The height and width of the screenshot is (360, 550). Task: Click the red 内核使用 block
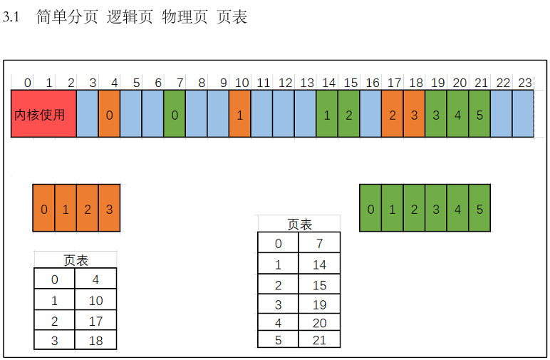click(x=43, y=114)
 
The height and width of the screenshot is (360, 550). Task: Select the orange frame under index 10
click(x=240, y=114)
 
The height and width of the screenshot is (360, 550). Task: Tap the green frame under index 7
click(x=175, y=114)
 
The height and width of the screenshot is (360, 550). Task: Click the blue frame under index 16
click(x=370, y=114)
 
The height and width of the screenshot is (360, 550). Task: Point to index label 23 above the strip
click(x=525, y=83)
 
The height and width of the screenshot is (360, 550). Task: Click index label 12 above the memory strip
click(x=285, y=83)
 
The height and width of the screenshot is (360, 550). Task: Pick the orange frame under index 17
click(x=393, y=114)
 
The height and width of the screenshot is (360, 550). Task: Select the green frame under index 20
click(x=458, y=114)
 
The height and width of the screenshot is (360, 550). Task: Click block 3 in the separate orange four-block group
click(x=109, y=209)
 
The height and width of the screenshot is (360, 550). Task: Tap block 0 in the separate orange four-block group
click(x=44, y=209)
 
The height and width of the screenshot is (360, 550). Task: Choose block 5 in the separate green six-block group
click(x=479, y=209)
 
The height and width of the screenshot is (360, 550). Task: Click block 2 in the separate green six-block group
click(x=415, y=209)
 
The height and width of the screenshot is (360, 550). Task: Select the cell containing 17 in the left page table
click(x=96, y=321)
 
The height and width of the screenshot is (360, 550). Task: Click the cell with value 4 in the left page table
click(x=96, y=279)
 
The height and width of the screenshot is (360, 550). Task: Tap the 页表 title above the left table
click(x=76, y=260)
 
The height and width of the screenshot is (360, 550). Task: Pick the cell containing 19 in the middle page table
click(x=319, y=305)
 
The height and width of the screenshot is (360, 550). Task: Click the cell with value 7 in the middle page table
click(x=319, y=244)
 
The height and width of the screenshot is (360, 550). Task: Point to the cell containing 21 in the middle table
click(x=319, y=340)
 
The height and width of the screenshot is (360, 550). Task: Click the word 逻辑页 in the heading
click(x=130, y=17)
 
